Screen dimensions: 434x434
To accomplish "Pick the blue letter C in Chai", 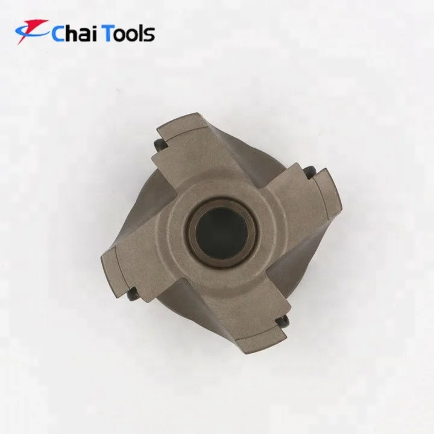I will tap(59, 34).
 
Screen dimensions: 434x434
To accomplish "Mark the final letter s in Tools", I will tap(149, 35).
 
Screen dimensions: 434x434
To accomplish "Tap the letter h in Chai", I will tap(74, 33).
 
